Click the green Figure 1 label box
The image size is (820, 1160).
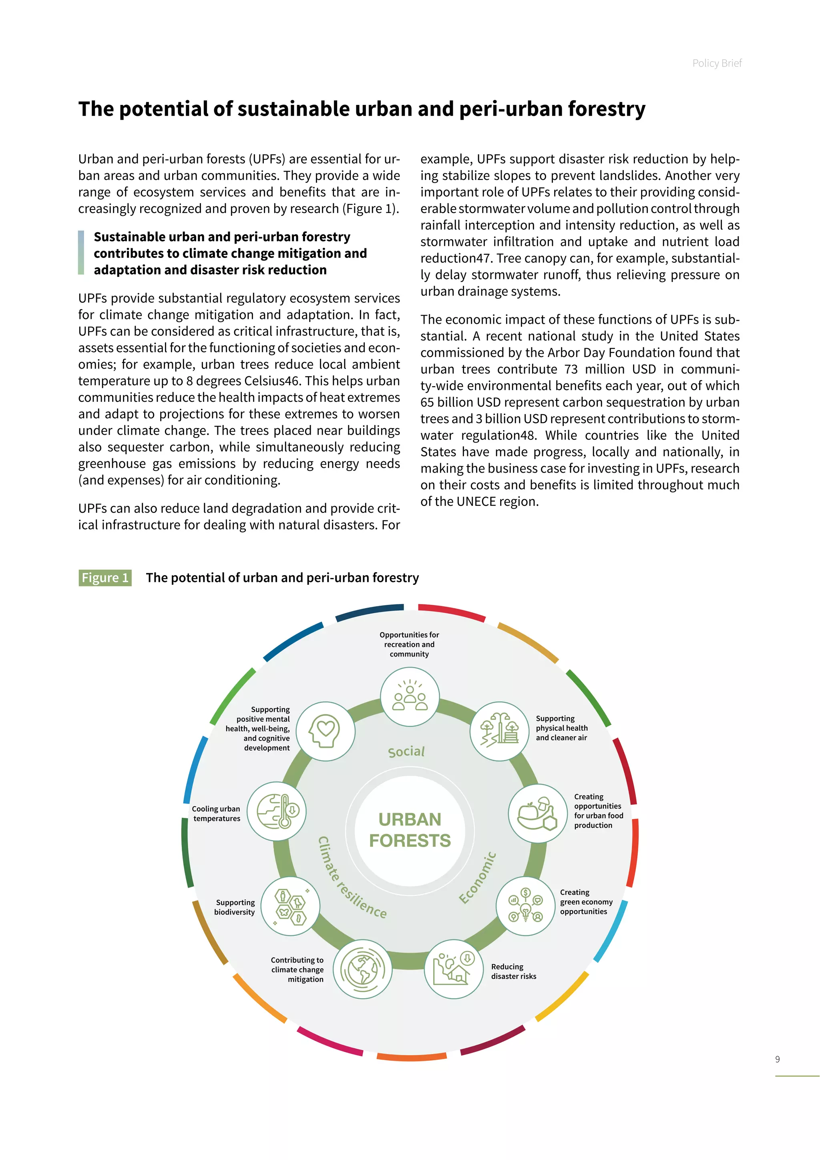105,578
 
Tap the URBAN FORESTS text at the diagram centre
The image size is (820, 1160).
410,830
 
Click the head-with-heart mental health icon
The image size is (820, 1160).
325,731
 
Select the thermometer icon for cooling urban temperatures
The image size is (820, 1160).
277,811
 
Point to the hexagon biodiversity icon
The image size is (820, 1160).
290,906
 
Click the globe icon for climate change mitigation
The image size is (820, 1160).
362,969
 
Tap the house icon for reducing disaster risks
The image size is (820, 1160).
453,969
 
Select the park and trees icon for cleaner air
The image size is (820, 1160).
499,731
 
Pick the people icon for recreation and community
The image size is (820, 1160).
410,697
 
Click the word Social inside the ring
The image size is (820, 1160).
406,752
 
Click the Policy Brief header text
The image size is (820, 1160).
716,63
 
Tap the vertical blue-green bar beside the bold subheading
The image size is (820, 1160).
81,253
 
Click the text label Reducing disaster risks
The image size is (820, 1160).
514,971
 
